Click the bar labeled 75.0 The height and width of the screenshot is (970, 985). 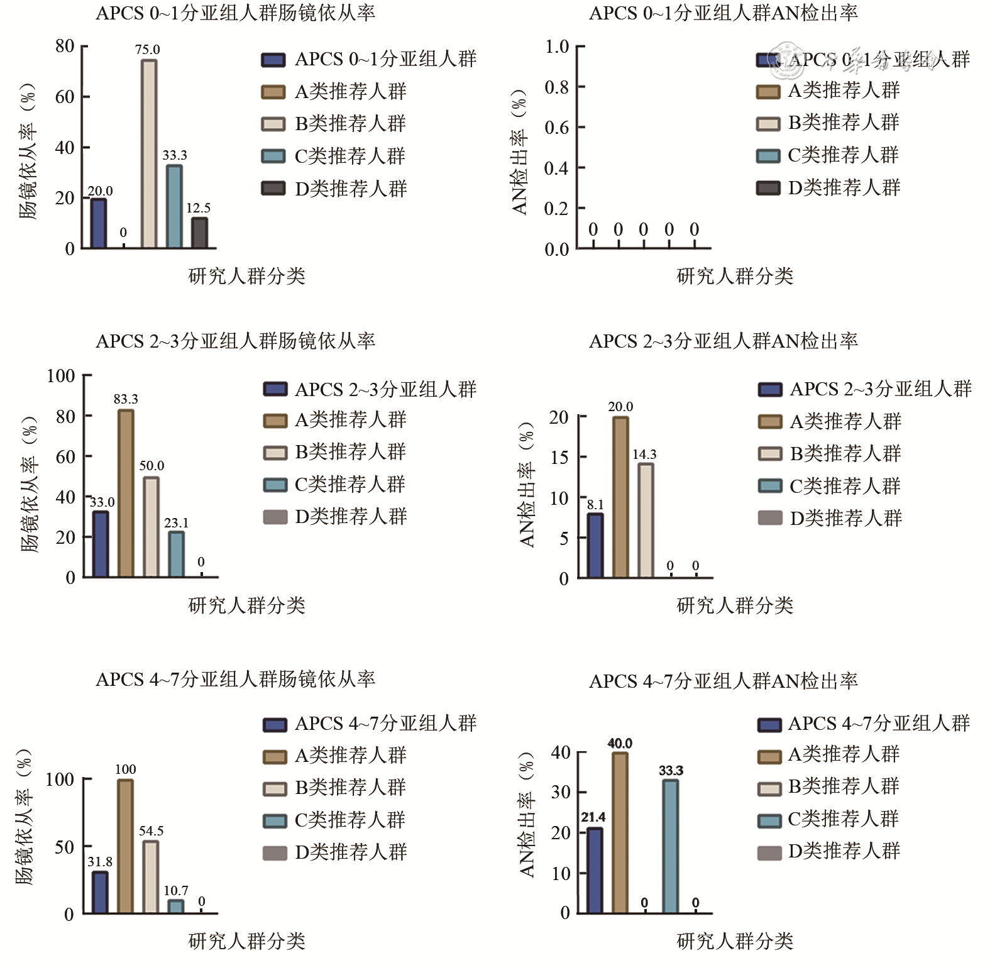[x=149, y=154]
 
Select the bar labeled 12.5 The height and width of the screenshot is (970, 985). [x=199, y=233]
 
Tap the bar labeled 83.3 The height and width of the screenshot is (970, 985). [x=126, y=493]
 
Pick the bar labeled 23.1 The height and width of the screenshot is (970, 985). [x=177, y=554]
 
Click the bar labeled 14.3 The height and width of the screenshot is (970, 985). [x=646, y=521]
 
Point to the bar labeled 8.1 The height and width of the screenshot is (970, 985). [x=595, y=546]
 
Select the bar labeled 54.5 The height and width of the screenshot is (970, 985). [x=151, y=877]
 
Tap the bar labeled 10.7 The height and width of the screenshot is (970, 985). [x=176, y=907]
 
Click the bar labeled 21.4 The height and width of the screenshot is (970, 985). [x=595, y=871]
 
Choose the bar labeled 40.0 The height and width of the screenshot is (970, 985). [x=620, y=833]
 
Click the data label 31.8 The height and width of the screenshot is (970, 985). [x=100, y=861]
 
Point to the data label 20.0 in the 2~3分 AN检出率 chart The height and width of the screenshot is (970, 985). [x=620, y=407]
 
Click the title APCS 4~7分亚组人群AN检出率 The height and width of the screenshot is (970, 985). [x=723, y=681]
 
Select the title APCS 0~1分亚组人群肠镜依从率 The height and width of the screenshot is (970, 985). [x=235, y=13]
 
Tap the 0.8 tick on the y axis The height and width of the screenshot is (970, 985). [x=557, y=87]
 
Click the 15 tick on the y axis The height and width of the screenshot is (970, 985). [x=559, y=457]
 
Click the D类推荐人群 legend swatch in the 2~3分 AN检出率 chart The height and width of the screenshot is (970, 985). [x=770, y=518]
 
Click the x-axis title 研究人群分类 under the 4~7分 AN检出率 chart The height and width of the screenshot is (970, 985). [x=735, y=940]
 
